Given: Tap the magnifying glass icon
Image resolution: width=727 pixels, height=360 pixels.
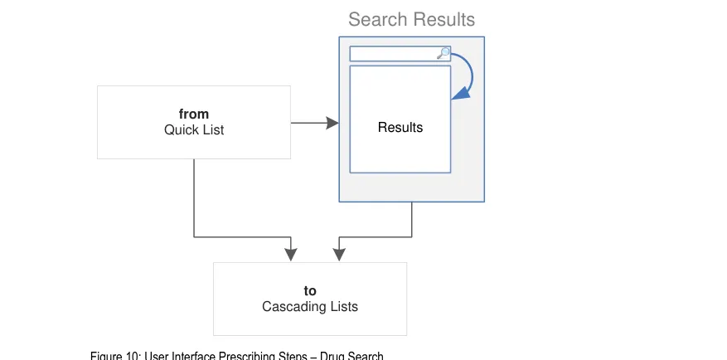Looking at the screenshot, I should [x=443, y=54].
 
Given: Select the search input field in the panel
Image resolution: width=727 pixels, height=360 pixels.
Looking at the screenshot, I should [x=394, y=54].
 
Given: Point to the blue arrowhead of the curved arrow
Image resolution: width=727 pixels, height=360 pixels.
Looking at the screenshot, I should [x=455, y=96].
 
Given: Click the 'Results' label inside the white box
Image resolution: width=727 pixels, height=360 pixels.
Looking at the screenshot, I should [x=400, y=128].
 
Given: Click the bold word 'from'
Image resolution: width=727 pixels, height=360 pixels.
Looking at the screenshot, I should [x=194, y=114].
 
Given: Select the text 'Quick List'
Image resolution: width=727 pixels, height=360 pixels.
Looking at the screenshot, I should [x=194, y=130].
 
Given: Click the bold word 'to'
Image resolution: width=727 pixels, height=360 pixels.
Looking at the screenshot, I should [x=310, y=291].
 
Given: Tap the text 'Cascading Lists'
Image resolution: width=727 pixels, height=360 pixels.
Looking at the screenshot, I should [x=310, y=307].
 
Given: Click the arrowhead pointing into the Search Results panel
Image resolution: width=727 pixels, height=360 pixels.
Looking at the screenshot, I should [x=332, y=124].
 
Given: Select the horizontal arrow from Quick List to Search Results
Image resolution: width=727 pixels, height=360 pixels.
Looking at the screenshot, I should [x=310, y=124].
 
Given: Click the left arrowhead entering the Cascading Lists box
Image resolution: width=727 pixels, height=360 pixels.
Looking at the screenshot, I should [x=290, y=254].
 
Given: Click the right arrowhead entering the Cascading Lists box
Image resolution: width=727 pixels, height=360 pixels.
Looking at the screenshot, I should [x=339, y=254].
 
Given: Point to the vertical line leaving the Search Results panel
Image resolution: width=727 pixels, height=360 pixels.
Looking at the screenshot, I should [x=412, y=219].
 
